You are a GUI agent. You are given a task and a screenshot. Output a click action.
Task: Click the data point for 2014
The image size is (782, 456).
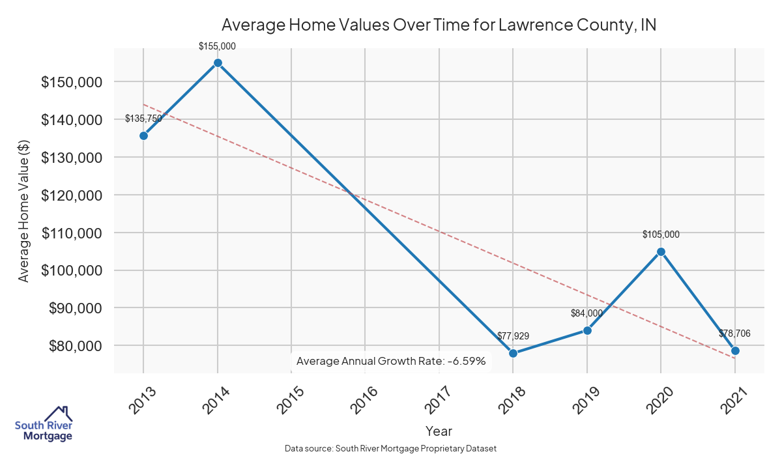click(218, 63)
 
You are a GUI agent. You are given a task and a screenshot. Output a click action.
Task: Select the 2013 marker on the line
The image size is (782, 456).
click(143, 135)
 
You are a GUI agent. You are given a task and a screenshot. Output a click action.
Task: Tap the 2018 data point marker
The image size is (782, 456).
click(513, 353)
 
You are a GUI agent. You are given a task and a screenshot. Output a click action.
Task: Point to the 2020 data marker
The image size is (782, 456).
click(661, 251)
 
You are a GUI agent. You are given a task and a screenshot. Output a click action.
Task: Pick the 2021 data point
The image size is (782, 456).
click(735, 350)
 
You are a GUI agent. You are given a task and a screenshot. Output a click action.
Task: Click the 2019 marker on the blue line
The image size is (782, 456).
click(587, 330)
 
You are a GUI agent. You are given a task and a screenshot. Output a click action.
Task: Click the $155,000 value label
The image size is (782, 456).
click(218, 46)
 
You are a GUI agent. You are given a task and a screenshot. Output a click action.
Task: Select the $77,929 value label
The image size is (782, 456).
click(513, 336)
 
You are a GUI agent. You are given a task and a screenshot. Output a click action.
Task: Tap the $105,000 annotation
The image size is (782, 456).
click(661, 235)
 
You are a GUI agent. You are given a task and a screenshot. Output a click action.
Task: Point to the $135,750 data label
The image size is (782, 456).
click(143, 119)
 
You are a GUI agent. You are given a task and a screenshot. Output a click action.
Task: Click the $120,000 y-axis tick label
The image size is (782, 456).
click(71, 195)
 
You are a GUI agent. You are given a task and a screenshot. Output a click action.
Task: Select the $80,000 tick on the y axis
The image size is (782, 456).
click(74, 346)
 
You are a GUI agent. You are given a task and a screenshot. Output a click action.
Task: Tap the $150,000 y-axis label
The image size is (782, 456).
click(71, 83)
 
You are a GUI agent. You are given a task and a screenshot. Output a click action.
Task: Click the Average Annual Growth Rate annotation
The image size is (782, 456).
click(391, 361)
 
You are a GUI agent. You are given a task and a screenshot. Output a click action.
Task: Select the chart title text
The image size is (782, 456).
click(439, 25)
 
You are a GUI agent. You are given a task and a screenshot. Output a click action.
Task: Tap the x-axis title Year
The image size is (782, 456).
click(439, 431)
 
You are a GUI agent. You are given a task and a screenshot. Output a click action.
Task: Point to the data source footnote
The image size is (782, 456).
click(391, 449)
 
